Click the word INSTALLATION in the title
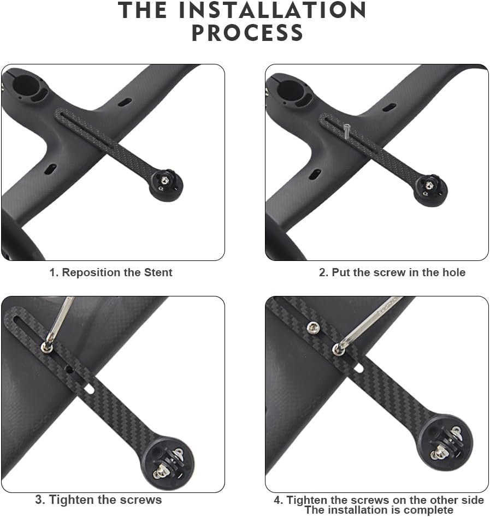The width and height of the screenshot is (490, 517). point(272,10)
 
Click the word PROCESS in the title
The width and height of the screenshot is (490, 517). point(247,33)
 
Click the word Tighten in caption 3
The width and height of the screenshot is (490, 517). point(69,500)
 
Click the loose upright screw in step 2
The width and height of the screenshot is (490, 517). point(347,132)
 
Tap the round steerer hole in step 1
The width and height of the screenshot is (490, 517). point(26,86)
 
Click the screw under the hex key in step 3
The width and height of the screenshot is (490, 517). point(46,347)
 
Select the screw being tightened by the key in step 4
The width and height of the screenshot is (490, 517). point(338,349)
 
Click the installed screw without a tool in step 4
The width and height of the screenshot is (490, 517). point(313,328)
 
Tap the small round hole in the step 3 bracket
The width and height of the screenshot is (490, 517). point(69,370)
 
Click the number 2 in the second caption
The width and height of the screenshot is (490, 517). point(322,272)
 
